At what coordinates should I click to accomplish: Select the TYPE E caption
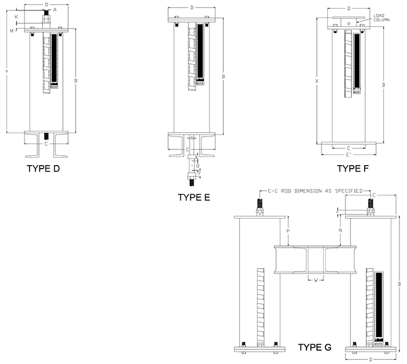(x=194, y=197)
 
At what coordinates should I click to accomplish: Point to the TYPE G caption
(x=315, y=347)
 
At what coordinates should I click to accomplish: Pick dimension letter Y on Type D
(x=6, y=72)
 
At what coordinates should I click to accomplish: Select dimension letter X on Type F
(x=317, y=81)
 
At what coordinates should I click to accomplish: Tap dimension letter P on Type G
(x=287, y=231)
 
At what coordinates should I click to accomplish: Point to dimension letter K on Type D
(x=17, y=17)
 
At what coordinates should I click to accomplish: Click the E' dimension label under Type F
(x=348, y=155)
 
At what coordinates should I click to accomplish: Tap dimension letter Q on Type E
(x=197, y=165)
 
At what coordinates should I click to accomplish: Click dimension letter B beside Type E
(x=224, y=76)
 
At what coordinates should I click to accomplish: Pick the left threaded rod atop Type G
(x=259, y=205)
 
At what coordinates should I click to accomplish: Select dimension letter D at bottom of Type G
(x=371, y=359)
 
